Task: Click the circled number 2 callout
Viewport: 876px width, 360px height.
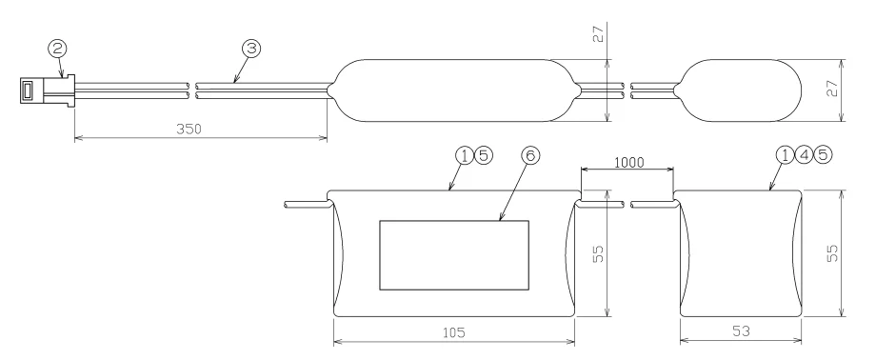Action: click(x=57, y=49)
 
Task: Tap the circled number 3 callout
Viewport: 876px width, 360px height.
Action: click(x=250, y=49)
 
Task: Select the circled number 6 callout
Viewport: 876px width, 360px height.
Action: click(x=530, y=155)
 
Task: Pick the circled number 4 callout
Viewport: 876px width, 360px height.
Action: click(x=804, y=155)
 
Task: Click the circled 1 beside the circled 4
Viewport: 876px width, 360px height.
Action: click(x=786, y=155)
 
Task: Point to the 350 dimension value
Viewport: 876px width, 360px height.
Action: click(x=189, y=129)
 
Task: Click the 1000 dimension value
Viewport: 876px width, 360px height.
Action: click(x=629, y=163)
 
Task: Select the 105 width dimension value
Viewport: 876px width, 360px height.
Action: click(x=453, y=332)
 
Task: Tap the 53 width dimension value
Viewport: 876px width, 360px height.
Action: click(x=741, y=331)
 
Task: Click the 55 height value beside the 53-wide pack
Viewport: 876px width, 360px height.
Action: click(x=832, y=253)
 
